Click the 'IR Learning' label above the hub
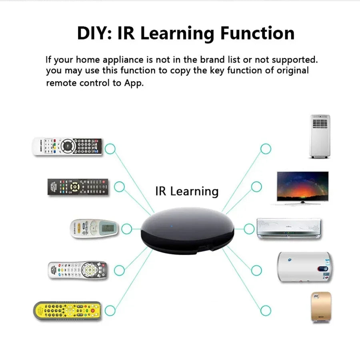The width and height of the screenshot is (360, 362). [187, 191]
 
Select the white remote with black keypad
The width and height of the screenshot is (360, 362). [68, 146]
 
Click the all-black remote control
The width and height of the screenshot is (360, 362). [78, 187]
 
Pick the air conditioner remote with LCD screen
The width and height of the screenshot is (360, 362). [94, 229]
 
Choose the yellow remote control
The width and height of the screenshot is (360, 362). [67, 310]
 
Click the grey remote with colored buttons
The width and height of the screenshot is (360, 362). [78, 270]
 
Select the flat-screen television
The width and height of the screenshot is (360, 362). [303, 187]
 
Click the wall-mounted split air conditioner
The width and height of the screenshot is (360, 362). [289, 228]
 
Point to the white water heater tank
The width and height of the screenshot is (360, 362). [304, 267]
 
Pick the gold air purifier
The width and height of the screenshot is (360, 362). [320, 307]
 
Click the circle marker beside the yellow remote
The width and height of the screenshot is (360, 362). [110, 310]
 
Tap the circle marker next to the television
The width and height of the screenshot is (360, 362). [256, 186]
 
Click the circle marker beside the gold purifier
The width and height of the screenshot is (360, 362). [266, 310]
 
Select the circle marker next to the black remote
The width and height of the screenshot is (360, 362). [119, 186]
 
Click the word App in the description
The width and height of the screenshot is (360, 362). [134, 83]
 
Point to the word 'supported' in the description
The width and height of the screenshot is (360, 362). [294, 60]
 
